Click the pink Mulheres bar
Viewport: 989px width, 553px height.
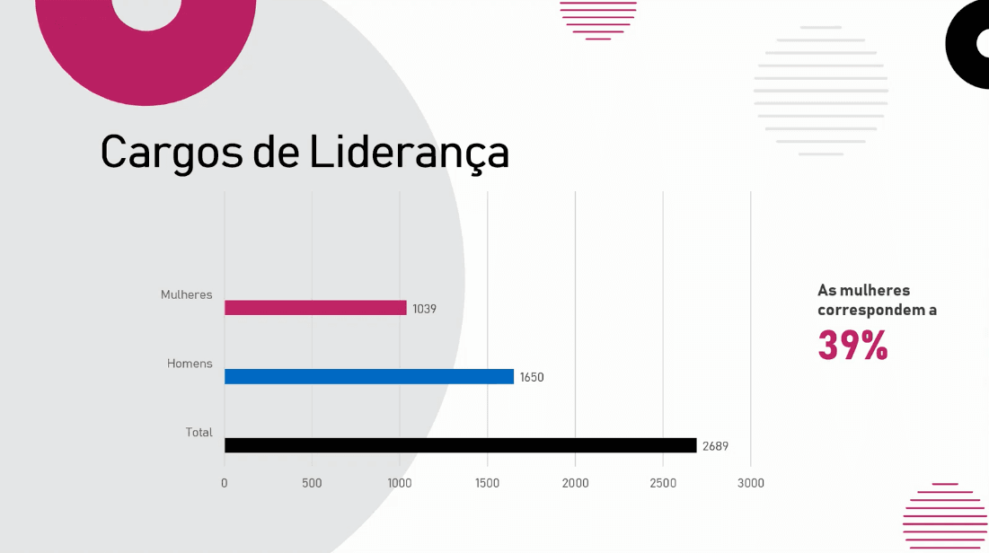coord(315,308)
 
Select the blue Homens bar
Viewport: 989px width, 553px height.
coord(369,376)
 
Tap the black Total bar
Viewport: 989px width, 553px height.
coord(461,445)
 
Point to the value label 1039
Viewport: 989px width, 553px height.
coord(425,309)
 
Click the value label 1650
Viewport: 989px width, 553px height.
coord(532,378)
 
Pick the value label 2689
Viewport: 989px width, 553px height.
coord(715,446)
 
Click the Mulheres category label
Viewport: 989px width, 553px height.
coord(186,294)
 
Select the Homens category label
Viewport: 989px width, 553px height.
coord(190,364)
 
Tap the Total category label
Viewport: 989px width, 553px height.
coord(199,432)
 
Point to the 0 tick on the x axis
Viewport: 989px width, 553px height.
coord(224,483)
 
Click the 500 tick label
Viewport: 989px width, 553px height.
coord(312,483)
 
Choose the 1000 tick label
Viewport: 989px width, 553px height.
coord(399,483)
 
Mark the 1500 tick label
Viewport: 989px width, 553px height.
coord(487,483)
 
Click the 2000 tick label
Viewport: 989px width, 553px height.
coord(575,483)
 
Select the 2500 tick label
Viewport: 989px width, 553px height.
coord(663,483)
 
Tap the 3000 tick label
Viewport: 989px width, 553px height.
coord(751,483)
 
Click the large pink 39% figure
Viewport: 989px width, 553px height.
coord(852,345)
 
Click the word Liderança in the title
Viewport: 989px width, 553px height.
coord(410,152)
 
